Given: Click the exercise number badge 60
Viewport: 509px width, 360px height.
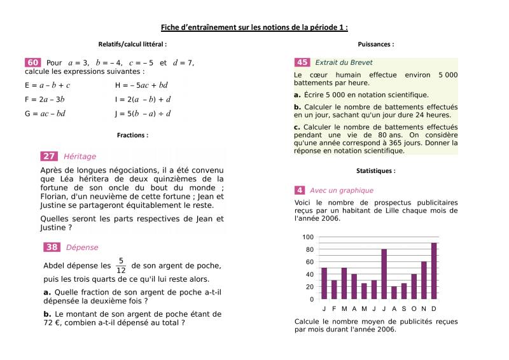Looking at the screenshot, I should [33, 62].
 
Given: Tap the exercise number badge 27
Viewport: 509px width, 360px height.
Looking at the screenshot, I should [49, 156].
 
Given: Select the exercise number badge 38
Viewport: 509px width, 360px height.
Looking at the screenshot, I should [52, 247].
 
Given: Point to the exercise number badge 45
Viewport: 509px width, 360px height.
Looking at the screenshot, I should [302, 62].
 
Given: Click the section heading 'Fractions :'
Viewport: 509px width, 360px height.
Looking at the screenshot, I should [132, 135].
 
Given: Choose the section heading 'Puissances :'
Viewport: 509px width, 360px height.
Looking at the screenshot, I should [375, 45].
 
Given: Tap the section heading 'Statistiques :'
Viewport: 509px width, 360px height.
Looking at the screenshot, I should [375, 171].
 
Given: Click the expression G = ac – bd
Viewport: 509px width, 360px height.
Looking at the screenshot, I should [45, 114].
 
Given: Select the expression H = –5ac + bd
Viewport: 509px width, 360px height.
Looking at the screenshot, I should [141, 85].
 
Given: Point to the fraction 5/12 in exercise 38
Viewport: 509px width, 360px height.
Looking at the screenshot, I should [121, 265].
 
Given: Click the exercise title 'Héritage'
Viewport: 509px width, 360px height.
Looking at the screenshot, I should [80, 156].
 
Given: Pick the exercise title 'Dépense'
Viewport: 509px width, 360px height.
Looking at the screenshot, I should [82, 247].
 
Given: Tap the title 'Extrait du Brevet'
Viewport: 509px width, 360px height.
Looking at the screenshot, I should [344, 62].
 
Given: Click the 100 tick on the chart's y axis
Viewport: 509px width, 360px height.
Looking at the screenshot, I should [308, 237].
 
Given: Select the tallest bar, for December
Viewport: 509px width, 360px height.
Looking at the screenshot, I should [434, 271].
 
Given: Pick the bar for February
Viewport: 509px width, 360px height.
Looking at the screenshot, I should [334, 290].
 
